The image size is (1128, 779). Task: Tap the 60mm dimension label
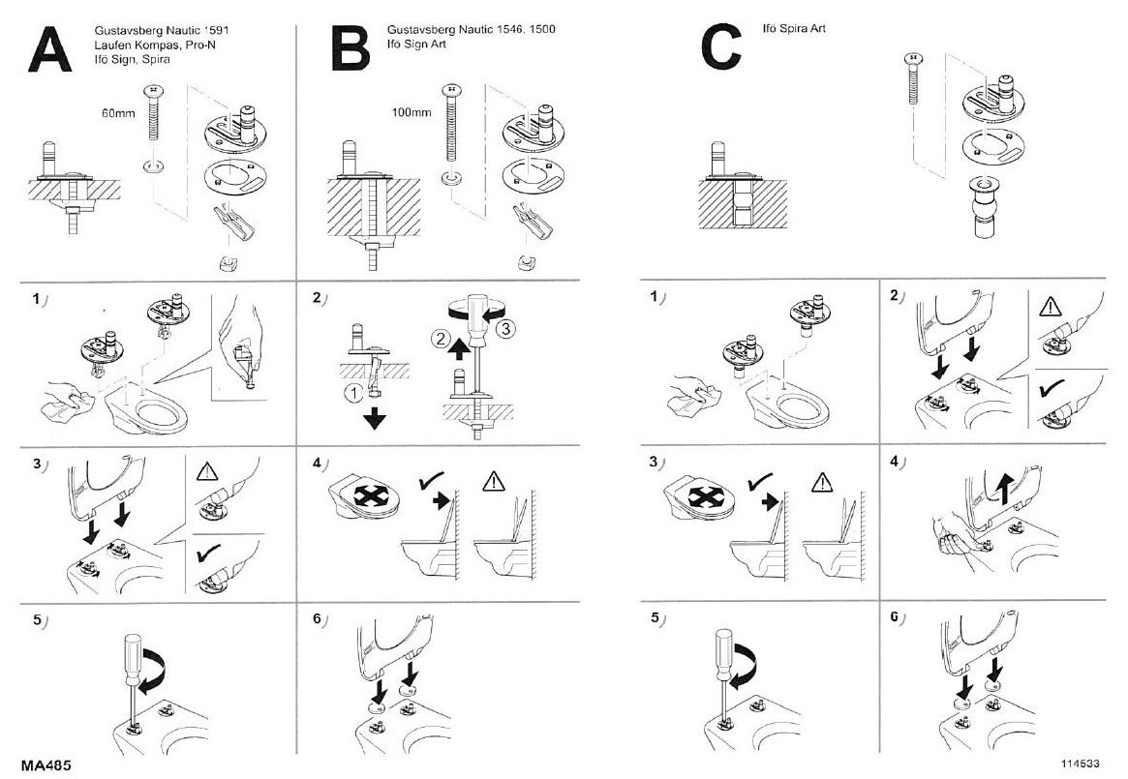click(118, 112)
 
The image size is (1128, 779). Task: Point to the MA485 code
click(46, 764)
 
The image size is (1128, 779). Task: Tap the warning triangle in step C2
click(1052, 309)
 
